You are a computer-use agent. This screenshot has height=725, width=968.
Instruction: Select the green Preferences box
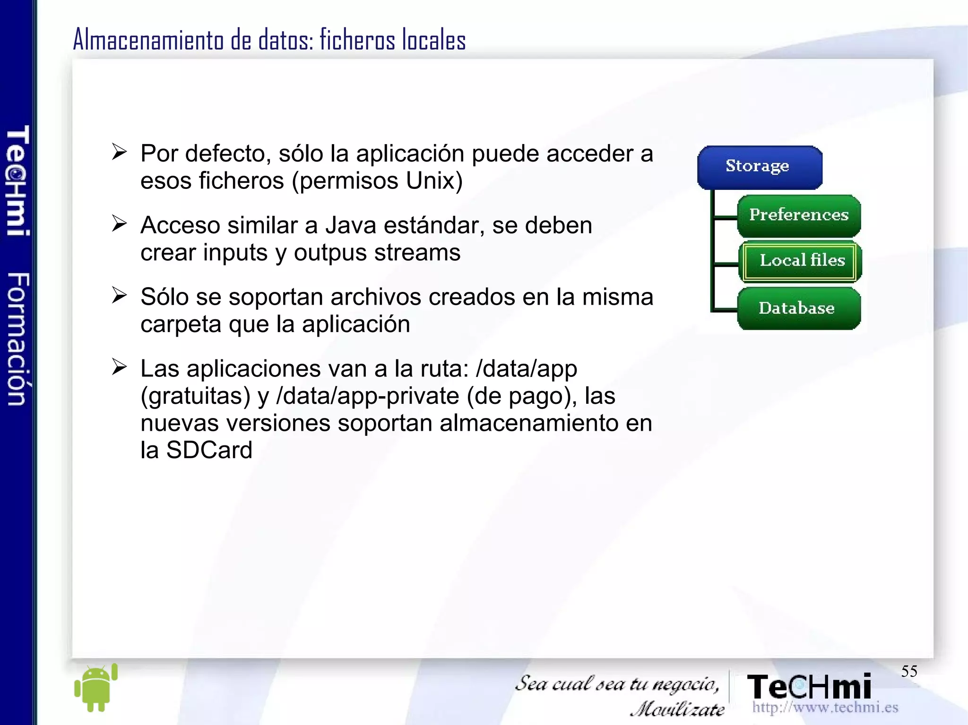coord(799,215)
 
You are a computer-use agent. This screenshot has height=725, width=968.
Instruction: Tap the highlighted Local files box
coord(800,261)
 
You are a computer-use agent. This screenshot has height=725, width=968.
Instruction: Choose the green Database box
coord(798,308)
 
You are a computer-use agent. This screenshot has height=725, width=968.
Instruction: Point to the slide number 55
coord(909,671)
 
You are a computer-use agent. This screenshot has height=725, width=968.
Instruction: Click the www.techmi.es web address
coord(825,707)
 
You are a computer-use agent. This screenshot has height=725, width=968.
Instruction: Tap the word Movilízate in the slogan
coord(677,709)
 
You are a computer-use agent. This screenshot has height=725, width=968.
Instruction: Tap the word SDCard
coord(209,450)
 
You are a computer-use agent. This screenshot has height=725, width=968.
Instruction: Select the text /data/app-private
coord(367,396)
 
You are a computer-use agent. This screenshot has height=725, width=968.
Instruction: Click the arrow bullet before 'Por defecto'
coord(120,152)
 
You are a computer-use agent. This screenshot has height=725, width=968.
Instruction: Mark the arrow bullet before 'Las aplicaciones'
coord(120,367)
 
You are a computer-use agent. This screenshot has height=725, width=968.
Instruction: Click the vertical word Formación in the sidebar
coord(18,339)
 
